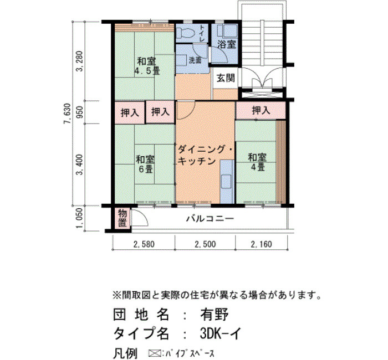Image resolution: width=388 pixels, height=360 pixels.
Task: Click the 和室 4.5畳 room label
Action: (x=147, y=66)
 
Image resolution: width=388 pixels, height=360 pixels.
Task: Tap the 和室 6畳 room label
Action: (x=145, y=164)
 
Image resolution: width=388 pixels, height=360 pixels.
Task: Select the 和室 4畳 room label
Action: (x=257, y=162)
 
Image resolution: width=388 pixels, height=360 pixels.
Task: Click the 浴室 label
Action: (x=226, y=44)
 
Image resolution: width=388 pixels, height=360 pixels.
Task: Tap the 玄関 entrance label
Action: (x=226, y=78)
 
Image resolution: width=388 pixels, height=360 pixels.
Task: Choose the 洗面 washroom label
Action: (x=195, y=60)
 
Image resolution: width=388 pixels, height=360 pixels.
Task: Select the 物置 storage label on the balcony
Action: (x=122, y=218)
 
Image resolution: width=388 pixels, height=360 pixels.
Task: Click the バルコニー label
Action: (x=210, y=219)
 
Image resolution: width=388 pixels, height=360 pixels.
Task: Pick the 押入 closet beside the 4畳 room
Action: (x=261, y=110)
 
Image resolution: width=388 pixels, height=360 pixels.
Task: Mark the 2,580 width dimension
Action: (x=144, y=244)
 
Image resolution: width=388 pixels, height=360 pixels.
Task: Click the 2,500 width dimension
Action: (x=205, y=244)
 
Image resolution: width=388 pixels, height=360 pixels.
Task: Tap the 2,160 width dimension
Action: (x=261, y=244)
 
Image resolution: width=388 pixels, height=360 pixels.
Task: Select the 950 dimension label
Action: (x=80, y=112)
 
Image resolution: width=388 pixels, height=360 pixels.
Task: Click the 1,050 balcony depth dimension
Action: (x=80, y=218)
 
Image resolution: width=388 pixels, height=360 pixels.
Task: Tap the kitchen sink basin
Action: (x=226, y=181)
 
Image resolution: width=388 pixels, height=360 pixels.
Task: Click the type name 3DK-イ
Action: (x=220, y=333)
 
